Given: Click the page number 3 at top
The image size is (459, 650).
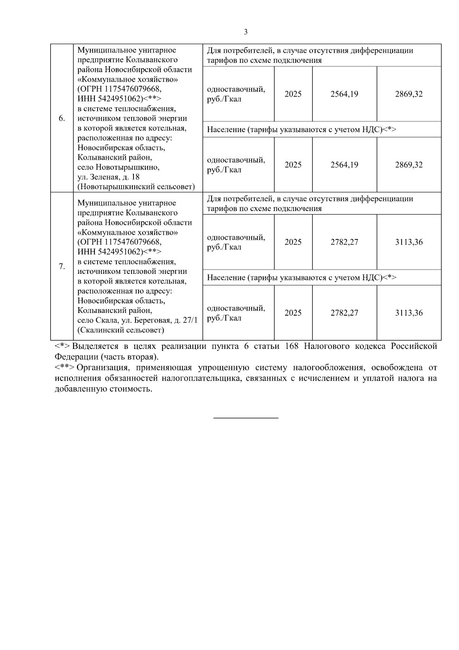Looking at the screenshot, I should [x=246, y=32].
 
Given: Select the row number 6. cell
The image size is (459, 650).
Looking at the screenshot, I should [x=62, y=118].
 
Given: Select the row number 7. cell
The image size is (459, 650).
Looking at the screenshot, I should [x=62, y=267].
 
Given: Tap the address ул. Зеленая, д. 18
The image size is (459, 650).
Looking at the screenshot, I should [x=109, y=177].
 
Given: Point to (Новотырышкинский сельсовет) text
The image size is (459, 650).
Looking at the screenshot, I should [x=136, y=187].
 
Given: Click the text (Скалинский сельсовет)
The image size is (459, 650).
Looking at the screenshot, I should [x=120, y=330].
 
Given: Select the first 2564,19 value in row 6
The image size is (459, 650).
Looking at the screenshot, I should [x=344, y=94].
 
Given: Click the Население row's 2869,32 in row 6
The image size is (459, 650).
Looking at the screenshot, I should [x=409, y=165].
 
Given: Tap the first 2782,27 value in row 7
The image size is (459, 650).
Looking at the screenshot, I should [x=344, y=242].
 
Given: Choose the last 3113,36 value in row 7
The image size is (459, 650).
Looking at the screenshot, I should [x=409, y=313].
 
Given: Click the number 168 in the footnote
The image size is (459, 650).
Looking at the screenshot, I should [x=291, y=346].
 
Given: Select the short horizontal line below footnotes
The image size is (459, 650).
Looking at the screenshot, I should [x=246, y=418].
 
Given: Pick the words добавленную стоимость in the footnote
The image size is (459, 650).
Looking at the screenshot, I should [x=103, y=389].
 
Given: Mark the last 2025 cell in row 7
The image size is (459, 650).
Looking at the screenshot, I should [x=293, y=313].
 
